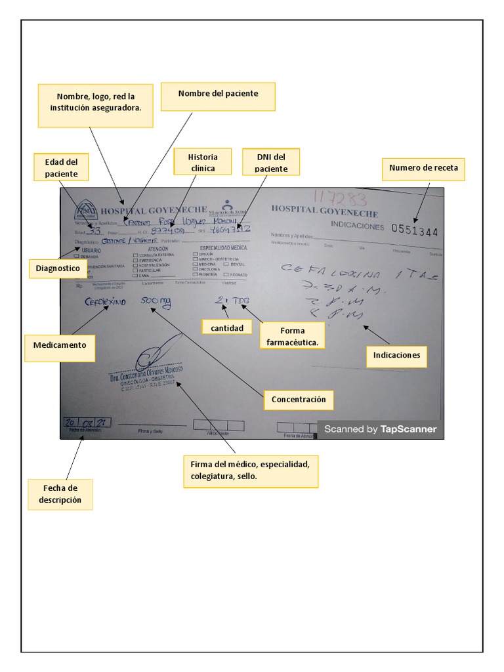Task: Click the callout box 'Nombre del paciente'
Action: (x=218, y=96)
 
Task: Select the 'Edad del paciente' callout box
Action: (x=62, y=167)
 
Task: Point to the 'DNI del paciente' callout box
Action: (x=271, y=162)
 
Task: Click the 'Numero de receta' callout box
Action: (x=423, y=168)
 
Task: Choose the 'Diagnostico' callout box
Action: (x=58, y=268)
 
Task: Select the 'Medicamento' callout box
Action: (x=60, y=348)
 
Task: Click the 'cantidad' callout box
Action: (x=226, y=326)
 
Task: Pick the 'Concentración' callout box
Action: (x=299, y=399)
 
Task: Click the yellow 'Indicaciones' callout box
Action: (x=396, y=356)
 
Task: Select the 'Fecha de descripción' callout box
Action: (x=60, y=493)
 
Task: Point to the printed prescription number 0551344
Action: (x=414, y=230)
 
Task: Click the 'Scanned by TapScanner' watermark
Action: (x=380, y=429)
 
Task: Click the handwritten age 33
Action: (x=94, y=231)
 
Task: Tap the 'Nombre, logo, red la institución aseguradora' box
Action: (x=95, y=106)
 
